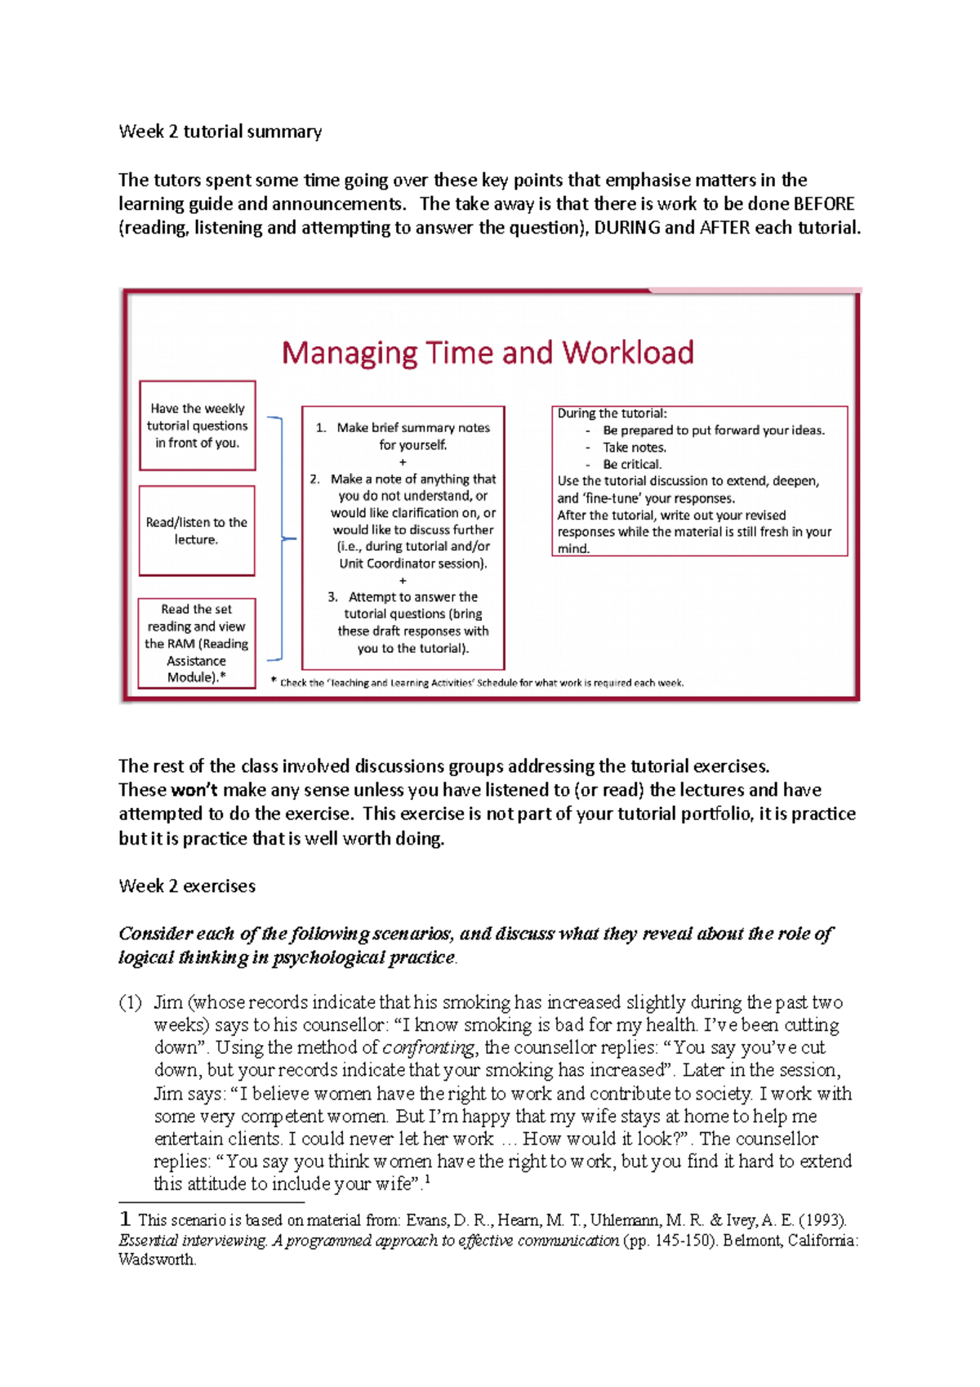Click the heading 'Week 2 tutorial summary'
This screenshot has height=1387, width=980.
[x=220, y=132]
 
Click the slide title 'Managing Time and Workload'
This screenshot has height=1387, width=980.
[x=488, y=353]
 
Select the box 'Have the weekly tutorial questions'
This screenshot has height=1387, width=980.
[x=197, y=426]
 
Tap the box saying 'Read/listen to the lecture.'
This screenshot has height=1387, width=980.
[x=197, y=531]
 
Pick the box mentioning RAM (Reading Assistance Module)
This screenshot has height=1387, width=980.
[x=197, y=644]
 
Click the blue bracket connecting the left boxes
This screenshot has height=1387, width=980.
[x=281, y=538]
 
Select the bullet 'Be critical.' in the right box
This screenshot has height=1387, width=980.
[x=632, y=464]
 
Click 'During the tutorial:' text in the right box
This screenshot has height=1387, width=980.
[x=612, y=414]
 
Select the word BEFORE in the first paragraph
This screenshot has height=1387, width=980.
[x=823, y=204]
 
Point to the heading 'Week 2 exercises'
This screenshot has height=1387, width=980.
[x=186, y=886]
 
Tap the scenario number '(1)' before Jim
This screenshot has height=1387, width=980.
[x=131, y=1003]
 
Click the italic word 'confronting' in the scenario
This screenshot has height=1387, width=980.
[x=429, y=1048]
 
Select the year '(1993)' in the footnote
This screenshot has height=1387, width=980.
[x=822, y=1220]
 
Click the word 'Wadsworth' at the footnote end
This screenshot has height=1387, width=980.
[x=156, y=1260]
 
